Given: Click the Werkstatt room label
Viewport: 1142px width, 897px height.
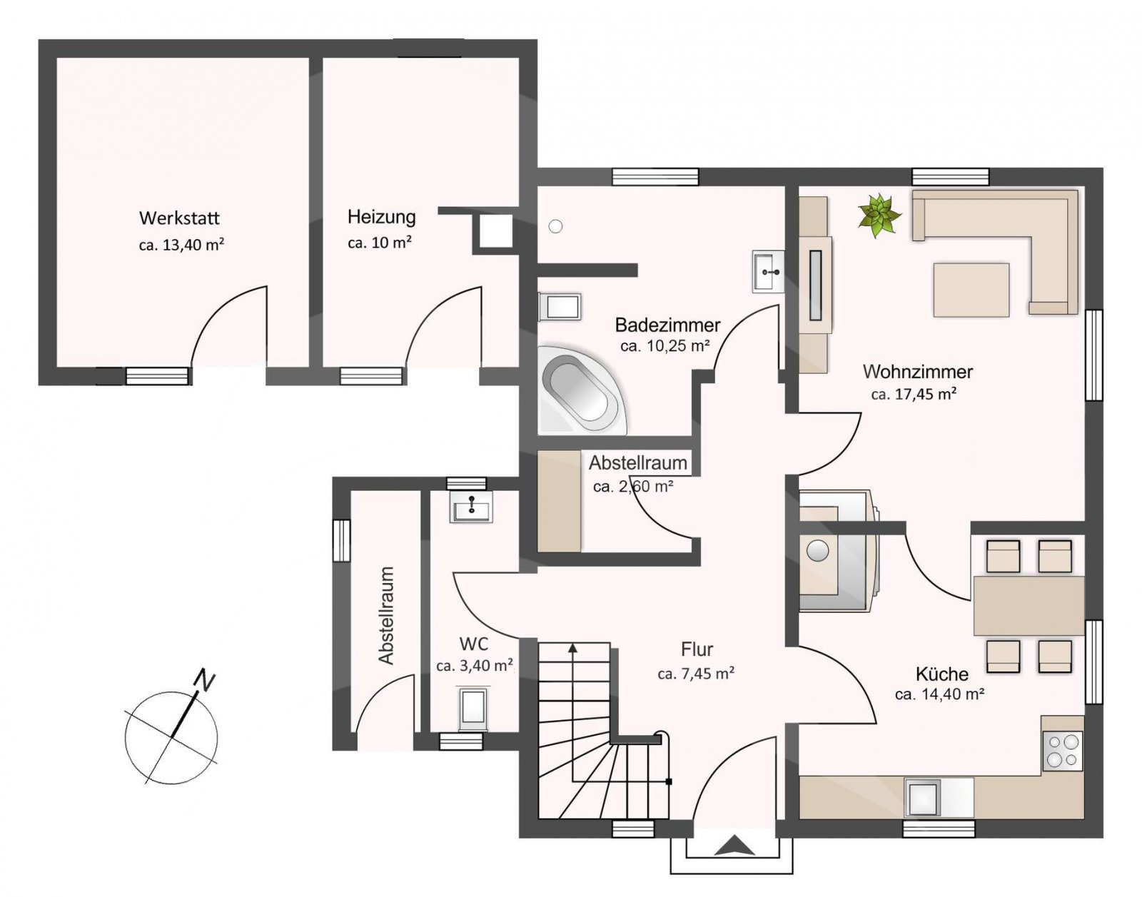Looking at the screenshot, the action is (x=179, y=218).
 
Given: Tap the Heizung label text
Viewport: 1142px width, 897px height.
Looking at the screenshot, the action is (x=382, y=217).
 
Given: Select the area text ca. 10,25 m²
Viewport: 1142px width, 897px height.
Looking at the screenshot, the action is (x=665, y=346).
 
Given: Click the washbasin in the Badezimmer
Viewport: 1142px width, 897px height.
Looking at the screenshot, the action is (x=768, y=271).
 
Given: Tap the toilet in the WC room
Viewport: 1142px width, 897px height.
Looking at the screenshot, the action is (x=473, y=709).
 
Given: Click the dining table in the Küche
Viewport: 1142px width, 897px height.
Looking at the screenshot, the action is (x=1029, y=606).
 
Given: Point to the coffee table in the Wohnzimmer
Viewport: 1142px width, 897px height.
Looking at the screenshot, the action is (x=971, y=290).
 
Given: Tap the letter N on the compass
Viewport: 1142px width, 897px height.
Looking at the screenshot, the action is (x=205, y=681).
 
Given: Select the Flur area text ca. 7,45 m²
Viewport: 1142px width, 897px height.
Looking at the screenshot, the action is (x=696, y=673).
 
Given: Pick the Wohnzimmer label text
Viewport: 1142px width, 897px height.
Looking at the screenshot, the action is (x=918, y=372).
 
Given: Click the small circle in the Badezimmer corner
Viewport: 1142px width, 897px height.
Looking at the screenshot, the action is (x=555, y=226).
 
